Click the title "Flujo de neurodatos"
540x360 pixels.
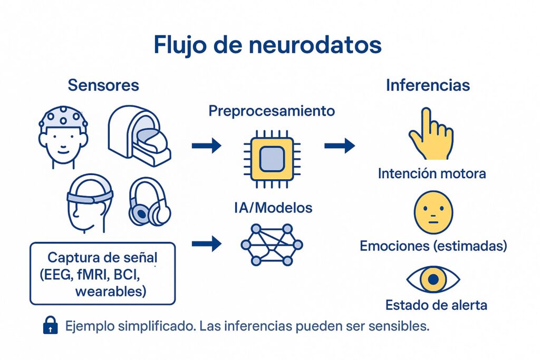tap(267, 46)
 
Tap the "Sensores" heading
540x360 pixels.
tap(104, 85)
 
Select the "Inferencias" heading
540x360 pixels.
tap(428, 85)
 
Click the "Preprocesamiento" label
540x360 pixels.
tap(272, 111)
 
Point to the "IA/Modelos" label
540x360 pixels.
tap(273, 208)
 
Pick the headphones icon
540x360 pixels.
tap(149, 202)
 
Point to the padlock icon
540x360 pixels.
tap(50, 326)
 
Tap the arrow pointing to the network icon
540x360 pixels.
tap(206, 243)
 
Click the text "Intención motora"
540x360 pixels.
tap(432, 173)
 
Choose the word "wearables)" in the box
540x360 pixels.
tap(110, 291)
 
